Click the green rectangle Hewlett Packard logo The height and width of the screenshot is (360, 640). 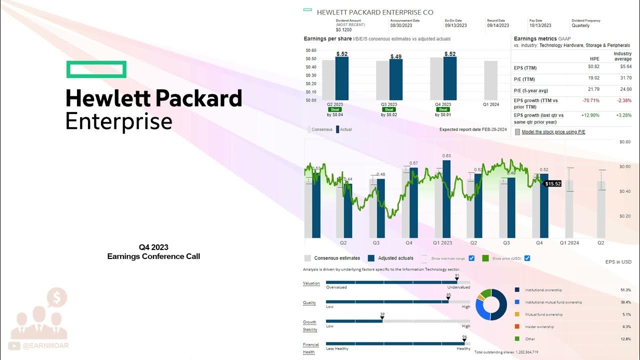[x=96, y=69]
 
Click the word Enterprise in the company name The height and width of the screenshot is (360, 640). [x=119, y=121]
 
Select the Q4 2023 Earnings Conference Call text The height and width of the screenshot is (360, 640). [x=153, y=251]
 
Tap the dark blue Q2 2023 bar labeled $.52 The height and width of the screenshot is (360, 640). [x=342, y=78]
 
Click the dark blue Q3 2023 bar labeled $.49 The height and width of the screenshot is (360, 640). [x=396, y=80]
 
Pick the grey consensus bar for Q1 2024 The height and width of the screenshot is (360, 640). [x=490, y=80]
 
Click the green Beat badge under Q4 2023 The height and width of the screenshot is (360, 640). [x=443, y=109]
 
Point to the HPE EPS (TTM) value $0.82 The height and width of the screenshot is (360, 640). [x=593, y=66]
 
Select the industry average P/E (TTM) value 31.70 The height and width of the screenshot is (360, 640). [x=625, y=78]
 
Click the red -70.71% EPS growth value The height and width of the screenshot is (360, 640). [x=591, y=100]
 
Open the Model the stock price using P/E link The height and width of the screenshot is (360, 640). [x=553, y=132]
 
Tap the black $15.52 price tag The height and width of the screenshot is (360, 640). [x=553, y=184]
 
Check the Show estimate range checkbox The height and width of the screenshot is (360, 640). [x=471, y=258]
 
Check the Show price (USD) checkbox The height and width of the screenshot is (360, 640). [x=527, y=258]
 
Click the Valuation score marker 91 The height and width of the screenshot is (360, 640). [x=456, y=279]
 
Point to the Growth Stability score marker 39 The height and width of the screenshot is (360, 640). [x=382, y=318]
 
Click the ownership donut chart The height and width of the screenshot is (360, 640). [x=491, y=304]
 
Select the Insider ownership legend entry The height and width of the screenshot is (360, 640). [x=539, y=327]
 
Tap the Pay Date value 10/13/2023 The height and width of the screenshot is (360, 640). [x=540, y=25]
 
